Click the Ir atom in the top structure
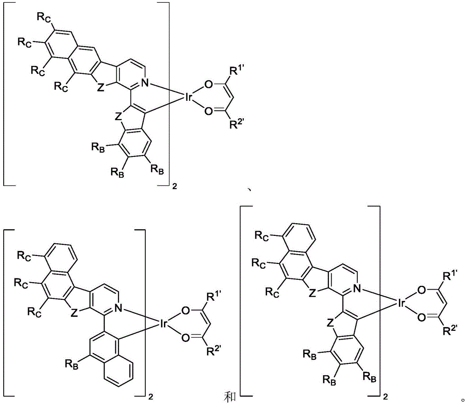point(189,98)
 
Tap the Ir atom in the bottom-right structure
point(401,303)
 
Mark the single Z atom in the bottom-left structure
point(74,313)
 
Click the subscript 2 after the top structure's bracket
point(175,187)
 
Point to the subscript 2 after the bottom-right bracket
point(386,397)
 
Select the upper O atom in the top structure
point(209,85)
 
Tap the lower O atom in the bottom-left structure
point(185,338)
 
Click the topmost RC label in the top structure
point(43,18)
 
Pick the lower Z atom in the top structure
point(119,117)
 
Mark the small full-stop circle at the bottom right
point(462,399)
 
